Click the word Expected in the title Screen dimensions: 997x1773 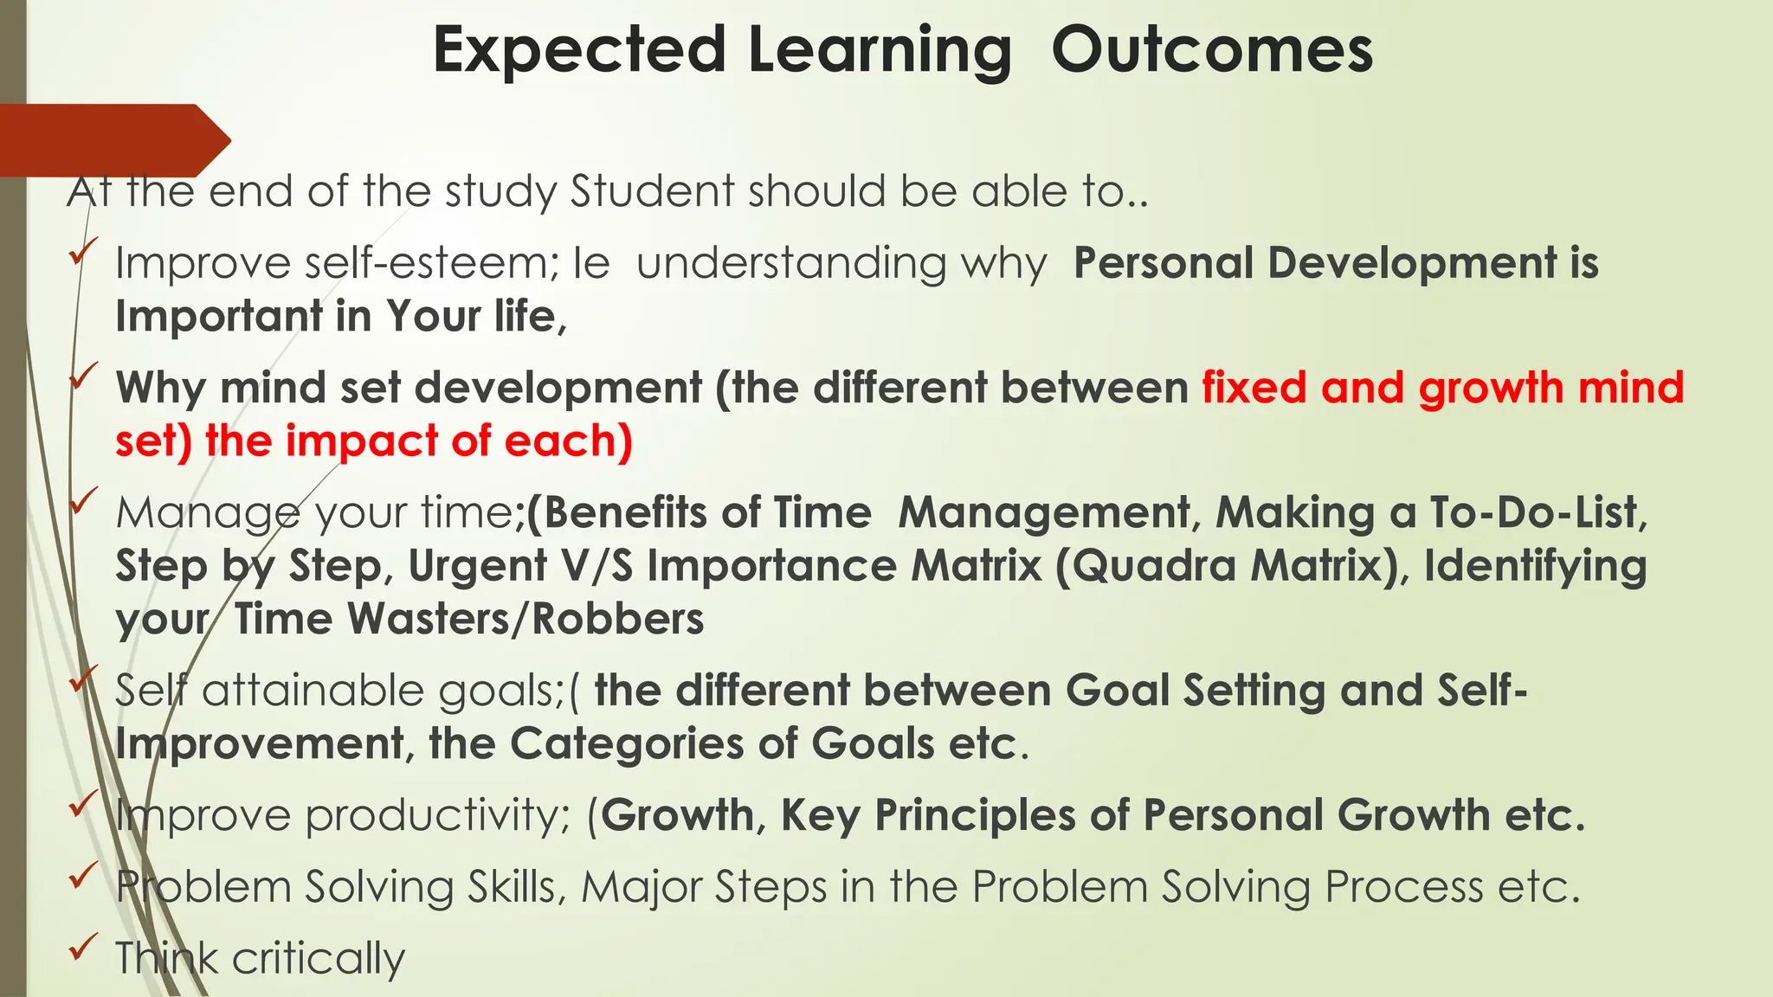pos(578,50)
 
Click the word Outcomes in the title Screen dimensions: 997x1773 pos(1211,50)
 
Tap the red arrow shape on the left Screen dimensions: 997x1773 pos(113,140)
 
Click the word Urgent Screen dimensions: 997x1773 pos(477,566)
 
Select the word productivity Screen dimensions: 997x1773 pos(437,816)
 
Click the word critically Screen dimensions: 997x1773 pos(318,959)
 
